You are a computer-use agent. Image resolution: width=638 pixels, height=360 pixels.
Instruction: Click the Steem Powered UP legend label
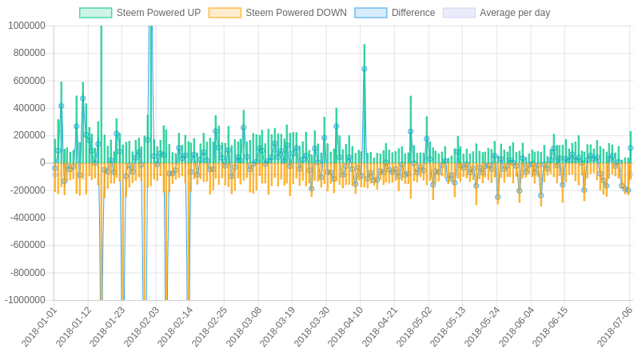[158, 13]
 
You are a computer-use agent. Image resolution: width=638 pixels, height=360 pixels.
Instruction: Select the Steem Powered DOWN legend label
[296, 13]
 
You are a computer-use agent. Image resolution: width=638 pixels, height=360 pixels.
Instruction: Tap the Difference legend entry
[413, 13]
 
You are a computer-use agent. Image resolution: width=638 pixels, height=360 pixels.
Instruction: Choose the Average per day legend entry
[514, 13]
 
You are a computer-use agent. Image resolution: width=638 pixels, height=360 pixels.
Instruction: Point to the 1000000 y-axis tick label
[26, 26]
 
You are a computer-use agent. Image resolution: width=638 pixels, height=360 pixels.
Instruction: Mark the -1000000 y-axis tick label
[25, 300]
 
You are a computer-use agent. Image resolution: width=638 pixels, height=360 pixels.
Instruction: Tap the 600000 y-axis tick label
[29, 81]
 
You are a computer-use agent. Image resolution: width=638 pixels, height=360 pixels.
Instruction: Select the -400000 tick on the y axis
[27, 218]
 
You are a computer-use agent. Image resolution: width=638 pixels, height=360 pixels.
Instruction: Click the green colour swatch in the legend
[95, 13]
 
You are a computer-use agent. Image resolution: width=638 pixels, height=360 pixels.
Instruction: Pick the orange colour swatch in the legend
[225, 13]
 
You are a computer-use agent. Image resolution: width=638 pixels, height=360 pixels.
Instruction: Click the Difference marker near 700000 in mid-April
[364, 69]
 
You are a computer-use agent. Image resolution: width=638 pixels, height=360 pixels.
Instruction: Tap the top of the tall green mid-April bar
[364, 46]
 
